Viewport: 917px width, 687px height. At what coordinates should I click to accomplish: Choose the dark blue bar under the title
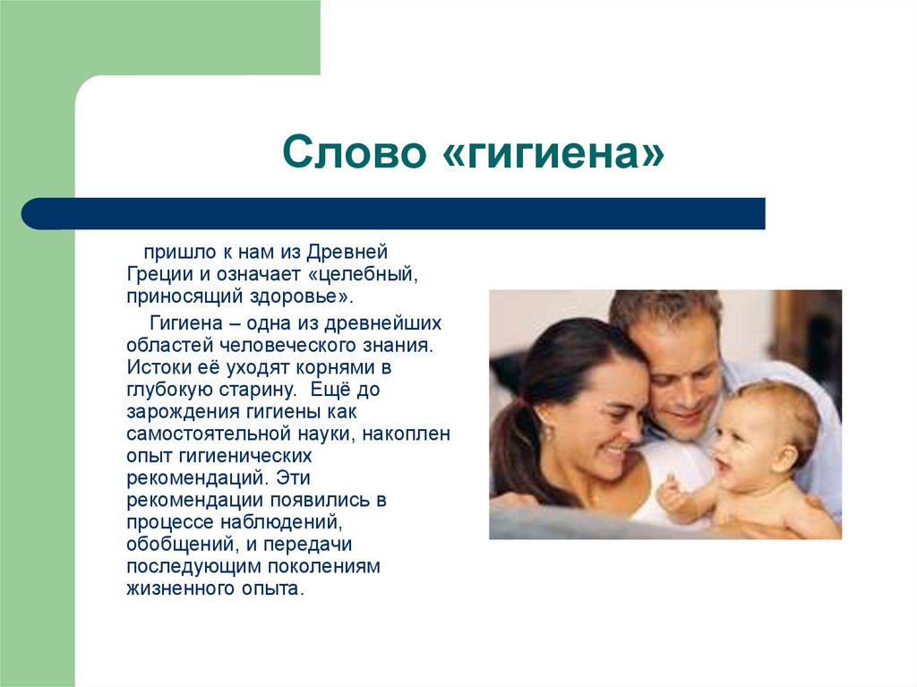click(394, 213)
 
